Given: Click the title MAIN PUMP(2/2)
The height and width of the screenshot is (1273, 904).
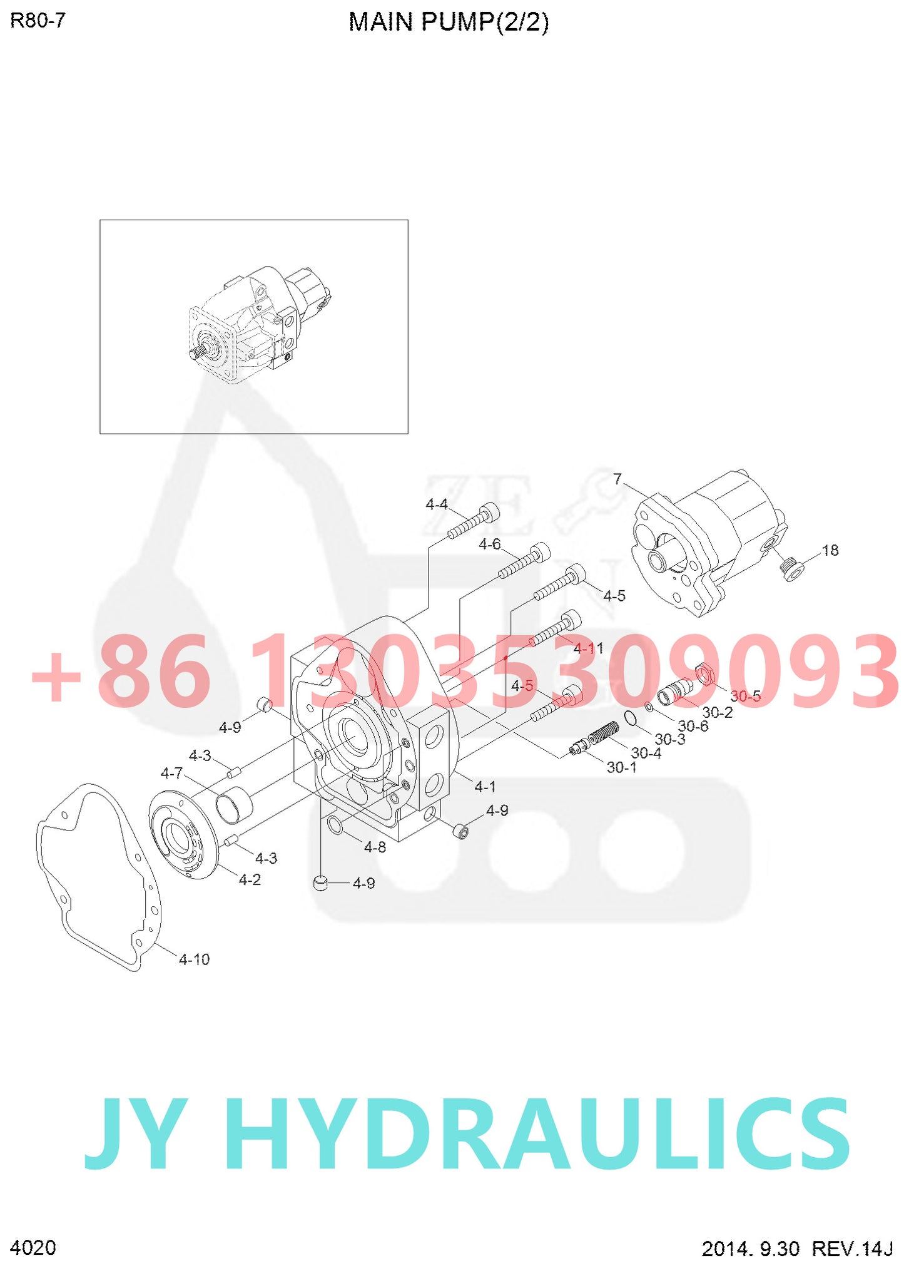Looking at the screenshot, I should point(448,22).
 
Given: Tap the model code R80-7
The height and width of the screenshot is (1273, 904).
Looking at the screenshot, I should point(38,21).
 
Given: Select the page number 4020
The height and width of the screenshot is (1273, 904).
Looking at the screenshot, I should point(33,1247).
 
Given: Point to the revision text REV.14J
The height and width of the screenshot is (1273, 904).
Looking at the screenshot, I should point(851,1249).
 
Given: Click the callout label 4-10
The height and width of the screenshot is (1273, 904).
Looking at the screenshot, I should point(194,959).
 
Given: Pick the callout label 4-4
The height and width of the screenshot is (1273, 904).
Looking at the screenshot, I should point(436,504).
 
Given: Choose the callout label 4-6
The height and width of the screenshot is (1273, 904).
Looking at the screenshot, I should point(489,544).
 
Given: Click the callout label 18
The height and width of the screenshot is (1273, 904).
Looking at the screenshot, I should point(830,550).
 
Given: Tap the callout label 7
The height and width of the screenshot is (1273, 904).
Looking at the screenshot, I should point(617,479).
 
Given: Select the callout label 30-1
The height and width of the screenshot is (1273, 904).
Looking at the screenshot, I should point(621,767).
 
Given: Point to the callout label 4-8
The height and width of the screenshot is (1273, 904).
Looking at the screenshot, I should point(375,847).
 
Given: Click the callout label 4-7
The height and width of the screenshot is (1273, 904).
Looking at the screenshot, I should point(171,773).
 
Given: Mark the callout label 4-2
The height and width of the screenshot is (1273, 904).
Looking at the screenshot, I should point(250,879).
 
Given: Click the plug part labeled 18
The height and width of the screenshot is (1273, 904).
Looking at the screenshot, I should point(793,570).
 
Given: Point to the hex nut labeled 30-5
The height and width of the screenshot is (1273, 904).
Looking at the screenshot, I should point(705,675).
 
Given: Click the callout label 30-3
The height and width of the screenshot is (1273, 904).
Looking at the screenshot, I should point(669,739).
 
